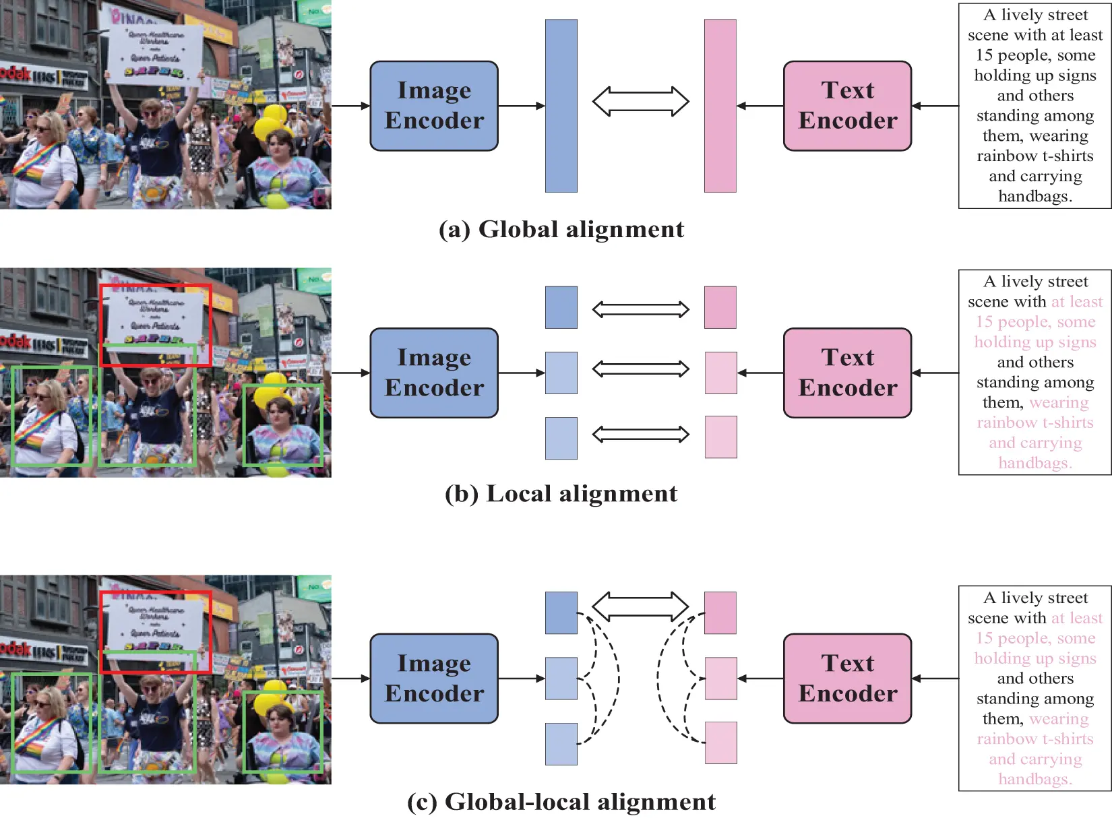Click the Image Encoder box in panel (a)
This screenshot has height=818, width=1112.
point(434,106)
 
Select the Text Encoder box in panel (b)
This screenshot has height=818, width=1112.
point(847,373)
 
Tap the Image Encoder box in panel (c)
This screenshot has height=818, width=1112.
point(434,678)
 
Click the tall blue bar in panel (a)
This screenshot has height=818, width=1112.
point(561,106)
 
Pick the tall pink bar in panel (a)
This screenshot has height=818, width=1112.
point(720,106)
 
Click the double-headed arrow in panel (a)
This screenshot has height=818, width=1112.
point(640,102)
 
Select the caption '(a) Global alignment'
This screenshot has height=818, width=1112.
point(561,230)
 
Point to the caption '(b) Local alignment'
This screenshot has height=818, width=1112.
point(561,494)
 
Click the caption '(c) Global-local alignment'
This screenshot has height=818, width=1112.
point(561,802)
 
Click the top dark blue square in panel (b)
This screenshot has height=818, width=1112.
point(561,307)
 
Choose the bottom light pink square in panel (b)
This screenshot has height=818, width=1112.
point(720,437)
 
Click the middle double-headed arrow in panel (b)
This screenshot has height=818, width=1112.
point(640,369)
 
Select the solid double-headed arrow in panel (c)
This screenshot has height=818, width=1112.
point(640,606)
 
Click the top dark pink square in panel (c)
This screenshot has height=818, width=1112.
point(720,612)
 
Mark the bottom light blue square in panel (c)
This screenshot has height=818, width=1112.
point(561,744)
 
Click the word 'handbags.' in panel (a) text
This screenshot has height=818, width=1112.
point(1035,196)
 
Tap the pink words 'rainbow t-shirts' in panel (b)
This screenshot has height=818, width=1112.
point(1035,422)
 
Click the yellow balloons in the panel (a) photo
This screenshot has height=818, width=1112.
point(273,121)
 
